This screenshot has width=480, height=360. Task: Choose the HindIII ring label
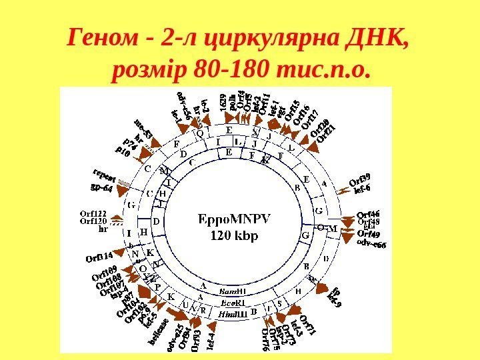233,313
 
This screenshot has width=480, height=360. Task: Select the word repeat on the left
105,175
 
